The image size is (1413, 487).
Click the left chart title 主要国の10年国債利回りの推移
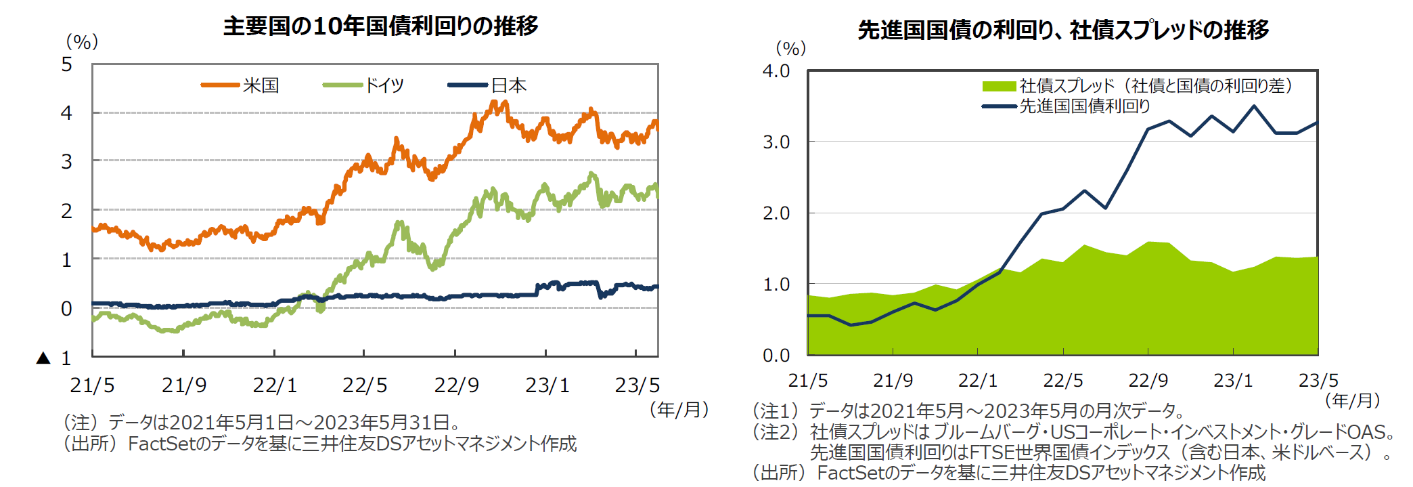(380, 26)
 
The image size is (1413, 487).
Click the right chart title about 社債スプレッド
(1062, 30)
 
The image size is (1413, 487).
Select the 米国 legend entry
(261, 85)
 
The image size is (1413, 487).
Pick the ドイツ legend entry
(384, 85)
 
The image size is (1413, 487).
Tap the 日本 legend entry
(508, 85)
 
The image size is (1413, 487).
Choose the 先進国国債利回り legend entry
(1084, 106)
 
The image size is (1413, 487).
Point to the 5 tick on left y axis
(66, 64)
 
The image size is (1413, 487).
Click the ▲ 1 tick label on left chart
(54, 358)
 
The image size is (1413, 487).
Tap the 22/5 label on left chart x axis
(365, 385)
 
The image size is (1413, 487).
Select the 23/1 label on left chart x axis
(547, 385)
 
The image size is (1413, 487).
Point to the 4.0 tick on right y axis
(776, 71)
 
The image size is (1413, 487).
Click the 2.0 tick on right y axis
(776, 213)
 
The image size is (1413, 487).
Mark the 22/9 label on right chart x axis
(1148, 380)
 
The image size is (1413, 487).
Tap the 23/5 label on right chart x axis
(1318, 380)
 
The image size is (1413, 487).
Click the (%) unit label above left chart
(82, 42)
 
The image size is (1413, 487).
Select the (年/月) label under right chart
(1352, 400)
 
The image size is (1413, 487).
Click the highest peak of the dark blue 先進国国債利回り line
(1254, 106)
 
